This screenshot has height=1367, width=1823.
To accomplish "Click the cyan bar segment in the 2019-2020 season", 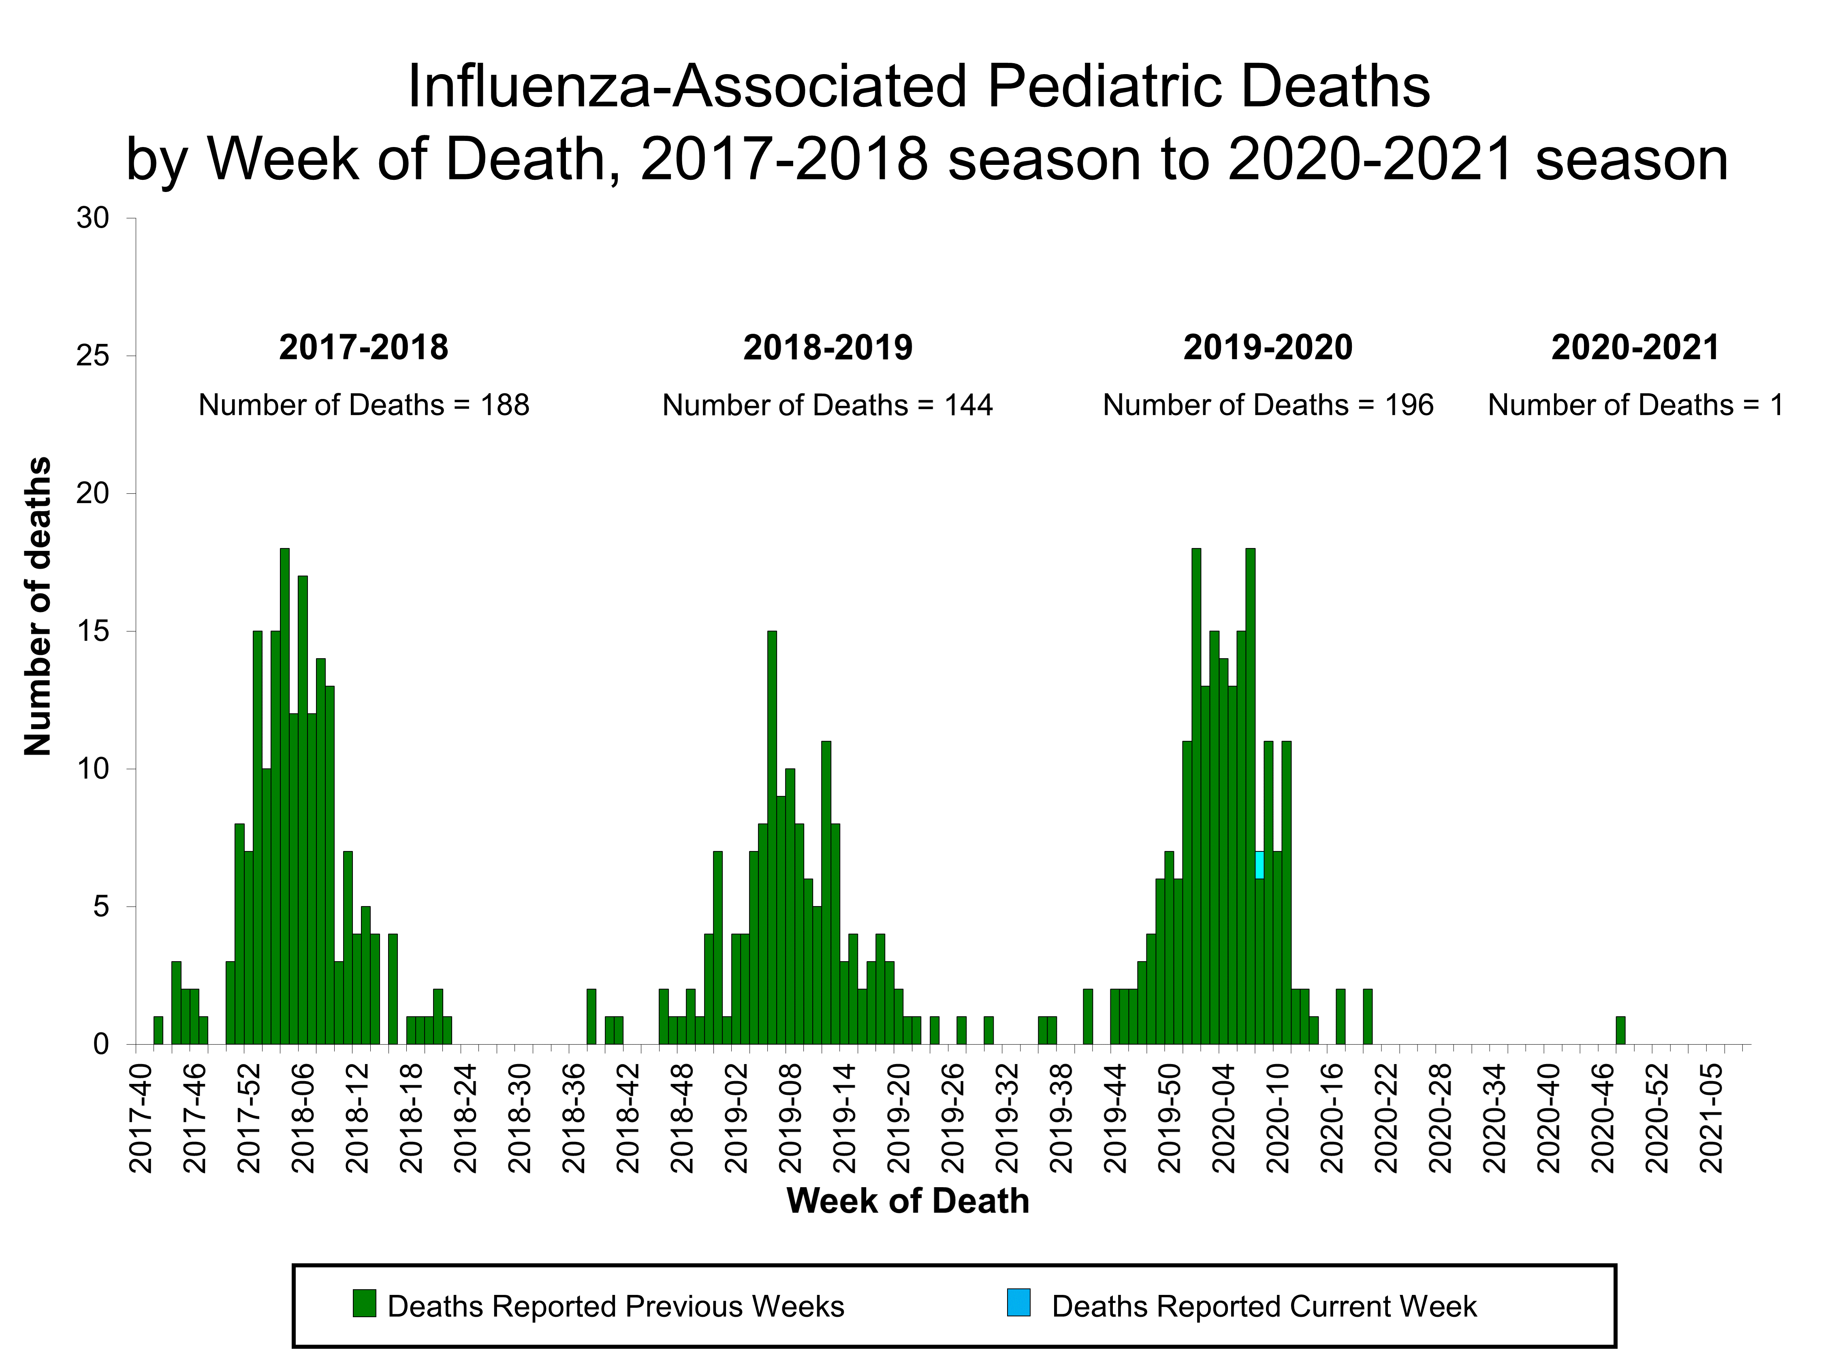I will tap(1259, 864).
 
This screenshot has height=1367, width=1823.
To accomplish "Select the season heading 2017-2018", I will tap(363, 348).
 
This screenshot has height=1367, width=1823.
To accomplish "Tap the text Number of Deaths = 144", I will tap(827, 405).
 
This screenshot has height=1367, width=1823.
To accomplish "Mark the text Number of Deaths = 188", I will tap(363, 405).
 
